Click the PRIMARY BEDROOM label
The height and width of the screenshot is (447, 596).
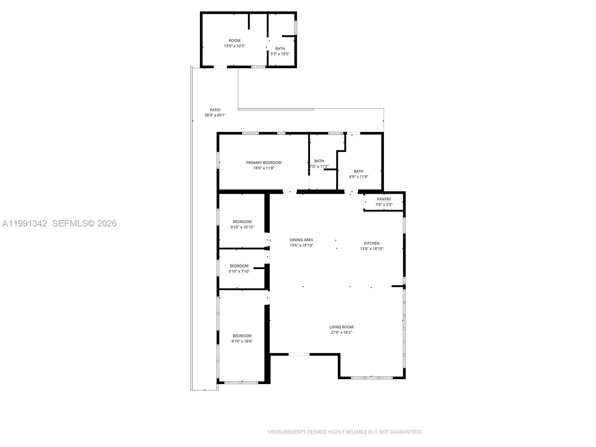[x=264, y=163]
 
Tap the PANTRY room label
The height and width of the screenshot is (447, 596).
[x=384, y=199]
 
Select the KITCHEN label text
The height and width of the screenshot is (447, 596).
[x=371, y=243]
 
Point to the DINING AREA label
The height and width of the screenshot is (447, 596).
[x=301, y=240]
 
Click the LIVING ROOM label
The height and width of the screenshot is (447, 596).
[x=341, y=327]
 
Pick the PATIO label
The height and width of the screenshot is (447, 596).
[x=215, y=110]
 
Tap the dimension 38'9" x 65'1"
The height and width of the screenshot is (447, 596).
[x=215, y=115]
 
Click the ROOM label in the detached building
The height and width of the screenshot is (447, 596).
[x=234, y=41]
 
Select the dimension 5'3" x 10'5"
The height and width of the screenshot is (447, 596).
[x=280, y=54]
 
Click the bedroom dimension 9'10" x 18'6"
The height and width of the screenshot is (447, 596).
[x=242, y=341]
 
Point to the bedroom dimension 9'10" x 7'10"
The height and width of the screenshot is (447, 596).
[x=239, y=272]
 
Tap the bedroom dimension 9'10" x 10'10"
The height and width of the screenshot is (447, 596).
[x=242, y=227]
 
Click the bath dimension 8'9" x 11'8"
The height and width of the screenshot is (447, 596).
[x=358, y=177]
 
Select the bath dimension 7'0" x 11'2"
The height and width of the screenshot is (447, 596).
[x=319, y=167]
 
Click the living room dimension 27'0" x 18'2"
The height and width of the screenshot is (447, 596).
[x=341, y=333]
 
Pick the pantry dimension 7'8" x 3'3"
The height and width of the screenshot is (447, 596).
[x=384, y=205]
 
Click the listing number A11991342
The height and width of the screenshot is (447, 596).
[x=25, y=223]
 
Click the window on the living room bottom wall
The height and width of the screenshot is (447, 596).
[x=371, y=378]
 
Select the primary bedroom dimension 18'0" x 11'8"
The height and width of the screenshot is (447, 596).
[x=264, y=168]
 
